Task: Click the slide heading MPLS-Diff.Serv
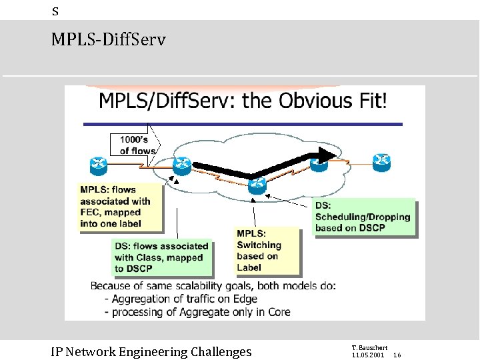click(108, 40)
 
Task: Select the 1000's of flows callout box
click(135, 145)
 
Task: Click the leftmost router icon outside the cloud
click(97, 164)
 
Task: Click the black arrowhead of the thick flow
click(325, 155)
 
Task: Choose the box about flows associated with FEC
click(119, 207)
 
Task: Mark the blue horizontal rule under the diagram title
click(243, 124)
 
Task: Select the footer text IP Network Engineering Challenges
click(151, 351)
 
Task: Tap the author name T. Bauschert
click(369, 348)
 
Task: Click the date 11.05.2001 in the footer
click(367, 355)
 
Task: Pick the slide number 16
click(397, 355)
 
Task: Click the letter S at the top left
click(55, 11)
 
